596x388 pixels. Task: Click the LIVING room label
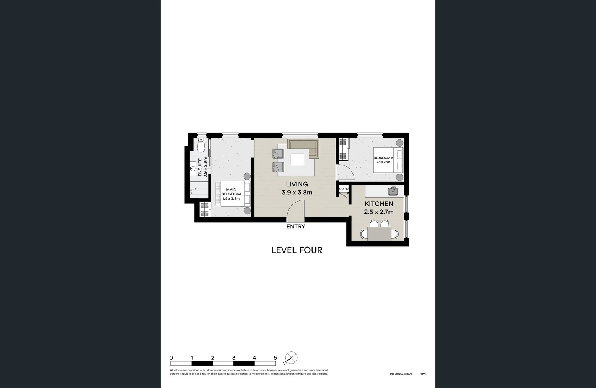click(x=297, y=184)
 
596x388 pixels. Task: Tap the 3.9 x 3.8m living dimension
click(x=297, y=192)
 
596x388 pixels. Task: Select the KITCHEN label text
click(x=379, y=204)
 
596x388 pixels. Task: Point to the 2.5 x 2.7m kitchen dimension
click(x=379, y=212)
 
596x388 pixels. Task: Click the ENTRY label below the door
click(x=296, y=227)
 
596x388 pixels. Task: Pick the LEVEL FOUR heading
click(x=296, y=250)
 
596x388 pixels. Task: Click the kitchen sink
click(x=393, y=191)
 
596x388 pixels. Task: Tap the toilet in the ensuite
click(x=201, y=145)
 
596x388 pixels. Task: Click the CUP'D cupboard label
click(x=344, y=189)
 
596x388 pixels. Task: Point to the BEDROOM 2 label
click(x=383, y=158)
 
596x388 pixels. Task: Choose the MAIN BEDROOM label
click(x=231, y=192)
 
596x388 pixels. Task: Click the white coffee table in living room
click(x=297, y=159)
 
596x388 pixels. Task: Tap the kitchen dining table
click(x=379, y=234)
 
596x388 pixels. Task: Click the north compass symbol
click(x=291, y=358)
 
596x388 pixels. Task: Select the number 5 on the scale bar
click(x=275, y=358)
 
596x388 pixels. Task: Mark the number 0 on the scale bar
click(x=171, y=358)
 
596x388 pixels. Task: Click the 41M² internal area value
click(x=423, y=374)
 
